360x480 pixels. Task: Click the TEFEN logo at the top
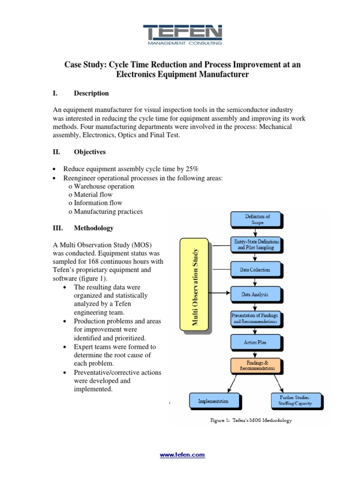(183, 34)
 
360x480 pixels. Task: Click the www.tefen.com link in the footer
(182, 455)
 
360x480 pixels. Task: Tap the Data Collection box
(256, 270)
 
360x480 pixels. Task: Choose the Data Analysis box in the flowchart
(256, 294)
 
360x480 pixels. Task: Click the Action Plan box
(256, 342)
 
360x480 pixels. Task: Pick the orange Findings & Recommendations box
(256, 366)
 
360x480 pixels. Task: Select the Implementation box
(213, 401)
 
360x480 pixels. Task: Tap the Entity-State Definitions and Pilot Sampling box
(256, 244)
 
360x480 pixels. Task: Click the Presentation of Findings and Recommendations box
(256, 319)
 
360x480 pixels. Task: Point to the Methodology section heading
(94, 228)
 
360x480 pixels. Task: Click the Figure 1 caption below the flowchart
(250, 420)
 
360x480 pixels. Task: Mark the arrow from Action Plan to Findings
(256, 353)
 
